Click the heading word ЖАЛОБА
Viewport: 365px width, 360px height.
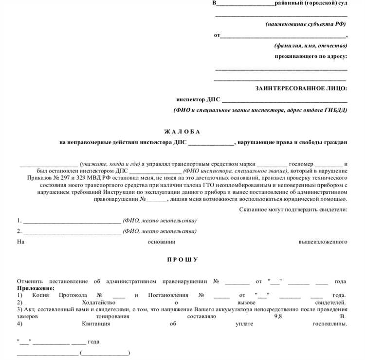click(x=182, y=132)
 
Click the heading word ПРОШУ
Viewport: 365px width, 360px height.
click(x=182, y=259)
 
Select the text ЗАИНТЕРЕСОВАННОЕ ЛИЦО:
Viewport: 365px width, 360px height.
click(x=301, y=88)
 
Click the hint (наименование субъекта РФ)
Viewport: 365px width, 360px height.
click(x=306, y=24)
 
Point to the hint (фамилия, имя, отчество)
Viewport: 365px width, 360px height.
click(x=310, y=45)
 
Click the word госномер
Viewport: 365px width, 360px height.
click(x=301, y=164)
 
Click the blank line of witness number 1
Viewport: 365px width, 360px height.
click(x=72, y=220)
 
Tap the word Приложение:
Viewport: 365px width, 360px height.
click(x=36, y=288)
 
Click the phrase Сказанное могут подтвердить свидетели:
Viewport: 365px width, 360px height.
click(x=293, y=209)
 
